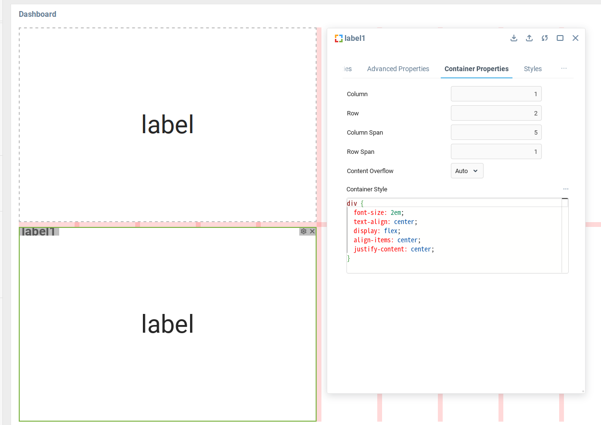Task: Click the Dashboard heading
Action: (38, 14)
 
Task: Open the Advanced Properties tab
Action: (398, 69)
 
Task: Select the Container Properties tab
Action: (476, 69)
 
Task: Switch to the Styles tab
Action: (533, 69)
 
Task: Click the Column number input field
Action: (496, 94)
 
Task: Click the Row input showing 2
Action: (496, 113)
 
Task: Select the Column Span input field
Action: (496, 133)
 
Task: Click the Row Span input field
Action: (496, 152)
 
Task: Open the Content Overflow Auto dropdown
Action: (467, 171)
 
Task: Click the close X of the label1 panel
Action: (575, 38)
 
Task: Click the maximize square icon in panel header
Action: (560, 38)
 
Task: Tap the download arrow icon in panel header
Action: (514, 38)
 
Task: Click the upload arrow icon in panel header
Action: (529, 38)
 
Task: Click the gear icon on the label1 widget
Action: (304, 231)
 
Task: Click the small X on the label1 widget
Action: (312, 231)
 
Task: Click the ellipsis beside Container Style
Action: (565, 189)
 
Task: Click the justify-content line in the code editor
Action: (394, 249)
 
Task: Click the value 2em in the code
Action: (396, 212)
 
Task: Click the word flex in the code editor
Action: (391, 231)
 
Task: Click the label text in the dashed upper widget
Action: (167, 125)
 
